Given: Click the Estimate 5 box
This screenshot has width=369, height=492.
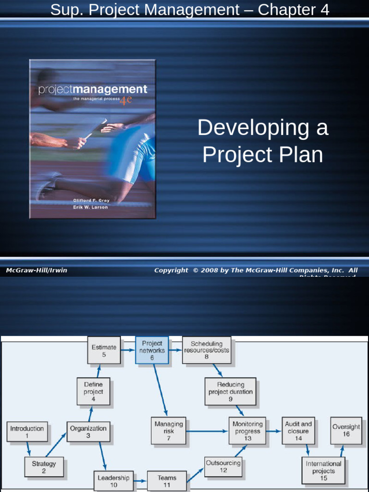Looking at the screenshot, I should pos(104,351).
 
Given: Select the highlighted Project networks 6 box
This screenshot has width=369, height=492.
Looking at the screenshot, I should pos(152,350).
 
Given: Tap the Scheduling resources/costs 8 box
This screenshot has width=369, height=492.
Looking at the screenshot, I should pos(207,350).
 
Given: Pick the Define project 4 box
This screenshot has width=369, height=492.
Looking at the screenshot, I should pos(93,392).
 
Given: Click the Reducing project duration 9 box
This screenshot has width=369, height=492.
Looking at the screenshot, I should pos(231,392).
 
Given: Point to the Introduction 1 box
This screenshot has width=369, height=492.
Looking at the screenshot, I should pos(27,431).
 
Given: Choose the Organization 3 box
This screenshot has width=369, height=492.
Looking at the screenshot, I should pos(88,431).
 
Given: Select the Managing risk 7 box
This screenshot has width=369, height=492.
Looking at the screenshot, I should pos(169,431).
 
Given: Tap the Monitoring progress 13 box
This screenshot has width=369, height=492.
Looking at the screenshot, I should pos(247,431).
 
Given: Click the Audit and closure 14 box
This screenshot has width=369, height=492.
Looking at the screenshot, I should pos(298,431).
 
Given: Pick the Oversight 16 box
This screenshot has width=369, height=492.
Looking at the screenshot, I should pos(346,430).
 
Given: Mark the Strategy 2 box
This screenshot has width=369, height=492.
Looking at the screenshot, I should pos(44,467).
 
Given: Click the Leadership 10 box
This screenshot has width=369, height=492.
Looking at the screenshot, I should pos(113,481).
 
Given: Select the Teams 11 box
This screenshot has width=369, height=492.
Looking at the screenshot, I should pos(167,481).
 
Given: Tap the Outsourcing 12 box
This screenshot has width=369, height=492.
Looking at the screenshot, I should pos(223,467).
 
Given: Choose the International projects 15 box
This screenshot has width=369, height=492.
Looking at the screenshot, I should pos(323,471).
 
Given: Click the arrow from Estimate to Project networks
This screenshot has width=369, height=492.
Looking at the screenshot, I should pos(127,350).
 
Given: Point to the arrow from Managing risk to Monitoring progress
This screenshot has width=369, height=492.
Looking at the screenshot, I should pos(207,431).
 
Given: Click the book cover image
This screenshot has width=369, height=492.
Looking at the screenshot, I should pos(93,139).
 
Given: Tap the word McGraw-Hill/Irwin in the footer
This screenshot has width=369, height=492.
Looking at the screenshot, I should pos(37,271).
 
